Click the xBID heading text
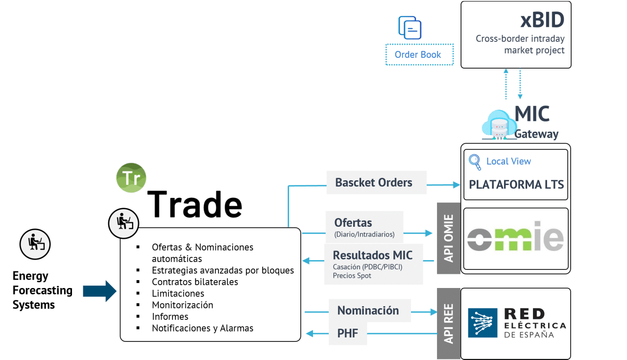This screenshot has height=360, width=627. coord(542,21)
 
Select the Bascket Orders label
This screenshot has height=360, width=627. coord(374,183)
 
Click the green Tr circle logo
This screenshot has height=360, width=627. coord(131,178)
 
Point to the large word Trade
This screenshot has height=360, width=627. coord(194,204)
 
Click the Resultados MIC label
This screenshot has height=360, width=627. coord(373,256)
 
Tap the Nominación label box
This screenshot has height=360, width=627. coord(368,311)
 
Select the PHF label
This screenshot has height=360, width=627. coord(347,334)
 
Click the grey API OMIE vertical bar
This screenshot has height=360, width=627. coord(448,238)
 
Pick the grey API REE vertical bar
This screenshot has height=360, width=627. coord(448,323)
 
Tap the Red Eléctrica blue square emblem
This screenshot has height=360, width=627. coord(483,323)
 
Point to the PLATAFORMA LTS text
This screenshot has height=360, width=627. coord(516,185)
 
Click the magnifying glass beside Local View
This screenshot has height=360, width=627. coord(475,161)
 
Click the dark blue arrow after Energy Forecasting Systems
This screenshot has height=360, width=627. coord(99,291)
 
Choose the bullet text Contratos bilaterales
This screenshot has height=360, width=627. coord(195,282)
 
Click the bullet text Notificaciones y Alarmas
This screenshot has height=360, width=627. coord(202,328)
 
